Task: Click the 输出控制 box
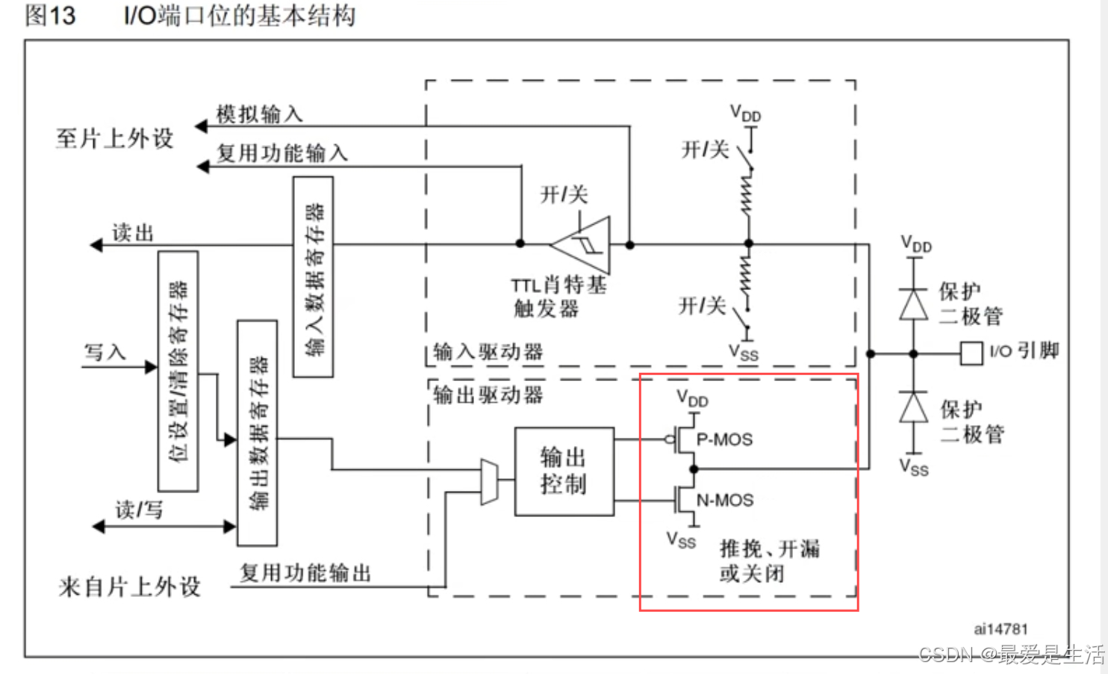click(x=564, y=472)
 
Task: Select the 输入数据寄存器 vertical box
click(x=314, y=277)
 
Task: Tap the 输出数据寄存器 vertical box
click(x=257, y=433)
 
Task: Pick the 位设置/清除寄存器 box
click(x=178, y=371)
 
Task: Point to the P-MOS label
click(x=724, y=439)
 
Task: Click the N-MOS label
click(x=724, y=500)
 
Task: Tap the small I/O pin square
click(x=971, y=353)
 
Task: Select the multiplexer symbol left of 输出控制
click(x=489, y=482)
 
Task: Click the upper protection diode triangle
click(x=913, y=303)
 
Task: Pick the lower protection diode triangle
click(x=913, y=407)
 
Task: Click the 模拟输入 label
click(x=259, y=114)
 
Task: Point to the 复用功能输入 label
click(x=282, y=153)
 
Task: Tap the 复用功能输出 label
click(x=305, y=573)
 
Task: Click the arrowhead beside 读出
click(x=96, y=245)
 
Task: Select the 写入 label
click(x=105, y=352)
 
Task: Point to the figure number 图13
click(x=50, y=16)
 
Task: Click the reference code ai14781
click(x=1000, y=629)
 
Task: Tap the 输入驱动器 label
click(x=488, y=352)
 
